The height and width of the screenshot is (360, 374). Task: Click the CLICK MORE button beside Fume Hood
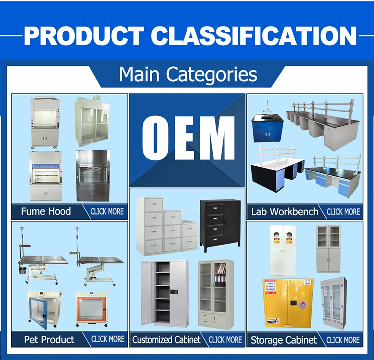pyautogui.click(x=107, y=211)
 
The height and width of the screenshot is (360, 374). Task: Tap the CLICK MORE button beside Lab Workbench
pyautogui.click(x=343, y=212)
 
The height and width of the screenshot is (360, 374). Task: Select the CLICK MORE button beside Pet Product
pyautogui.click(x=108, y=339)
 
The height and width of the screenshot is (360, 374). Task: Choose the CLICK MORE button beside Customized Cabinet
pyautogui.click(x=225, y=340)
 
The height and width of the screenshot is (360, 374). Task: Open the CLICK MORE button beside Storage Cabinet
pyautogui.click(x=343, y=340)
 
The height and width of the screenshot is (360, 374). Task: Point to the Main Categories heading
pyautogui.click(x=188, y=74)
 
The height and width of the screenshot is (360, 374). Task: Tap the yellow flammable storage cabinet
pyautogui.click(x=288, y=303)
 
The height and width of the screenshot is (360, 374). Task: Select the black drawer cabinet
pyautogui.click(x=220, y=225)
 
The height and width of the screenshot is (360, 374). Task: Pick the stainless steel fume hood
pyautogui.click(x=93, y=176)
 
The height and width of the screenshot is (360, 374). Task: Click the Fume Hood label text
pyautogui.click(x=46, y=211)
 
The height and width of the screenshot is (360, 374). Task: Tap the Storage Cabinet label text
pyautogui.click(x=284, y=340)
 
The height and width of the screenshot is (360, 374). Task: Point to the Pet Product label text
pyautogui.click(x=49, y=339)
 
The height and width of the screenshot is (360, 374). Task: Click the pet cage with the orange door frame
pyautogui.click(x=92, y=309)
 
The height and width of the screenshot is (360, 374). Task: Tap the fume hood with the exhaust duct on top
pyautogui.click(x=92, y=121)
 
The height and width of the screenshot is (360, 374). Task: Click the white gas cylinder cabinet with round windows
pyautogui.click(x=283, y=251)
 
